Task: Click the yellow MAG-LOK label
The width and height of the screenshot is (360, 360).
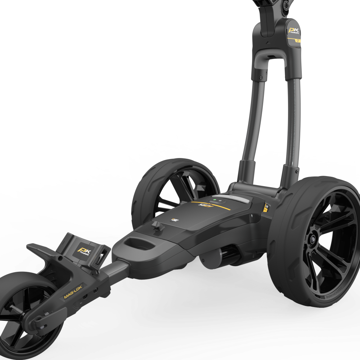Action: (x=74, y=291)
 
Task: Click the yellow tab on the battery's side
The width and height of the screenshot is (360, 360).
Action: (x=266, y=208)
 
